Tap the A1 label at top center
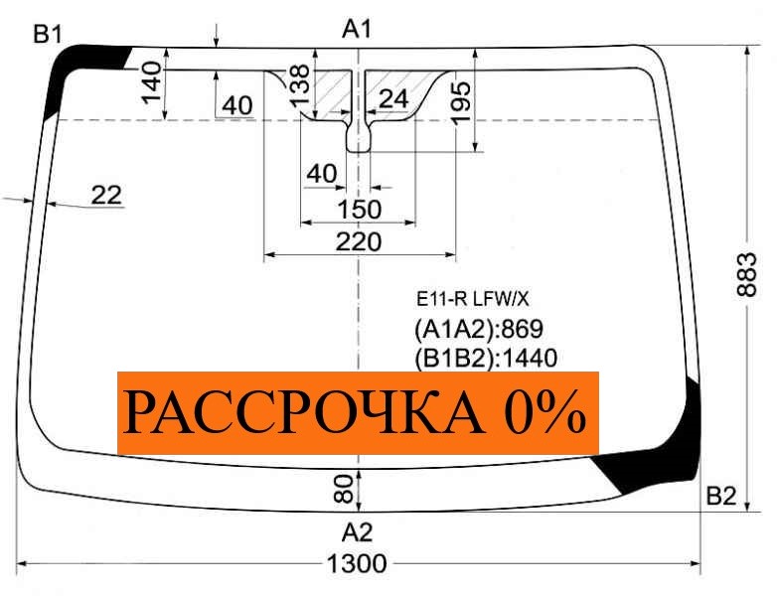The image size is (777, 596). coord(357,30)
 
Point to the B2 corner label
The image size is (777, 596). coord(721,497)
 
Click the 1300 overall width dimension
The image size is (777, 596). coord(357,565)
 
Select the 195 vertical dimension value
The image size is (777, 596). coord(461,100)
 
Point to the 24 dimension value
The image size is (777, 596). coord(393,98)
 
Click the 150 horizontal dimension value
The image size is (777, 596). coord(359,210)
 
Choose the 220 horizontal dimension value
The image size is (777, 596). coord(359,241)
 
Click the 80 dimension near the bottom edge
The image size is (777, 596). coord(343,487)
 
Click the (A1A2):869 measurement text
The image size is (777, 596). coord(478,329)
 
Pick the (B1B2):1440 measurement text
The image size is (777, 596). coord(485,358)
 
